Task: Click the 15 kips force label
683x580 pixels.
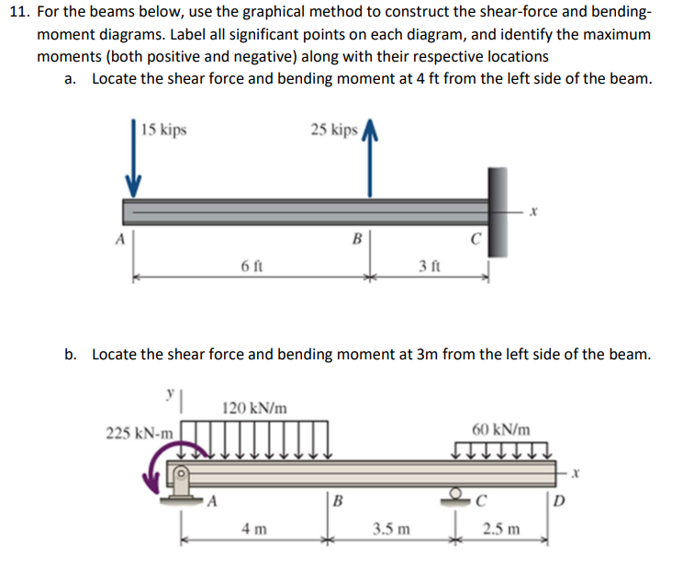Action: click(x=165, y=130)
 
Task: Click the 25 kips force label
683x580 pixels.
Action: click(x=334, y=130)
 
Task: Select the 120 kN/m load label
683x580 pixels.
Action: click(x=252, y=406)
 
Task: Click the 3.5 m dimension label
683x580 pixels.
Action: click(x=391, y=529)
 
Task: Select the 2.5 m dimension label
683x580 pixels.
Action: click(x=502, y=529)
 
